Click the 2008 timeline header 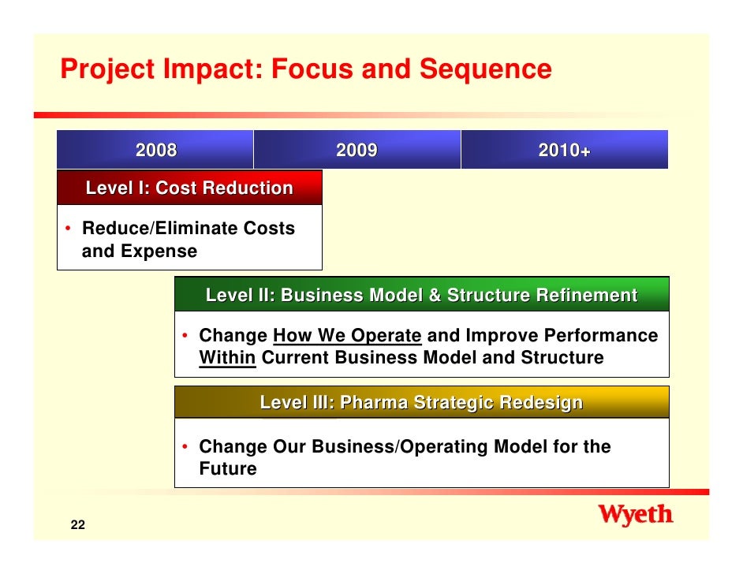[155, 150]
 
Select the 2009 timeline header [357, 150]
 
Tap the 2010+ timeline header [564, 150]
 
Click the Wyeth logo [636, 516]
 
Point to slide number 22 [77, 527]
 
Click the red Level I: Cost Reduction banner [189, 188]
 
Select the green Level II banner [421, 296]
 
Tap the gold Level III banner [421, 403]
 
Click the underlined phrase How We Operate [347, 336]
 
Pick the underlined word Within [227, 358]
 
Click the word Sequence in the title [485, 69]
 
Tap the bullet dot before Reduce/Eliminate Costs [69, 229]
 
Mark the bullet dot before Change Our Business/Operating [185, 447]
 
